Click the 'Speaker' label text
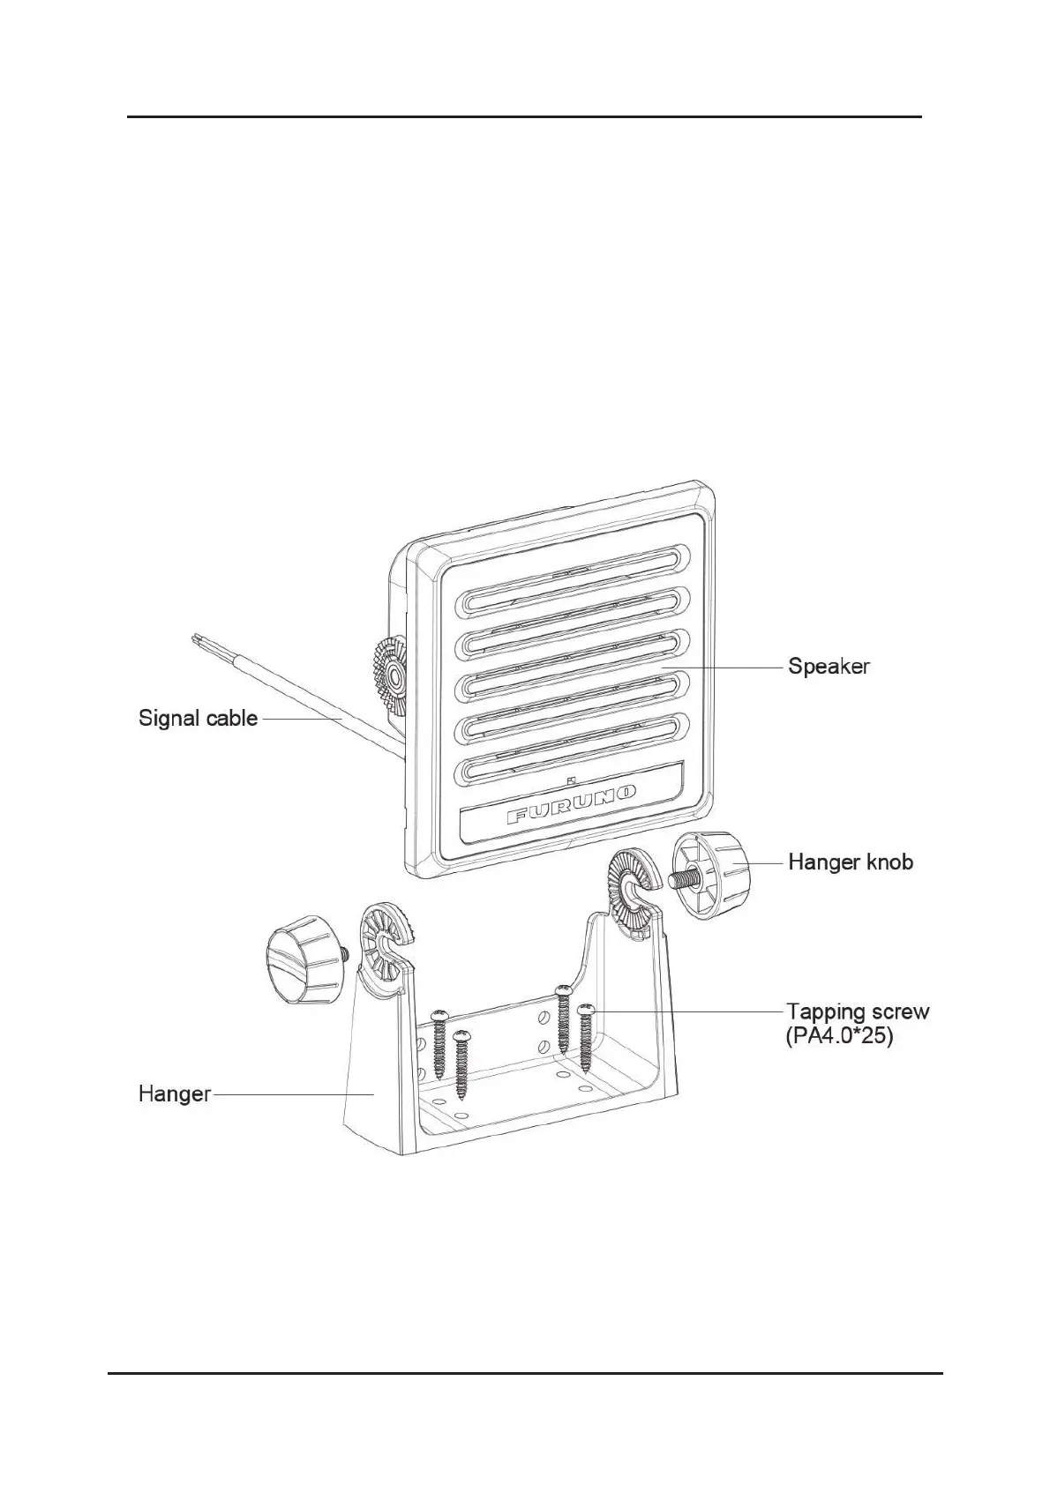tap(829, 667)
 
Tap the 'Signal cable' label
tap(198, 718)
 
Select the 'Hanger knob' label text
tap(851, 862)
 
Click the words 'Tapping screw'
tap(858, 1011)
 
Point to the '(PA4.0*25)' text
tap(839, 1037)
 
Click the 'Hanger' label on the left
tap(175, 1094)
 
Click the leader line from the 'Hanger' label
tap(291, 1094)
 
